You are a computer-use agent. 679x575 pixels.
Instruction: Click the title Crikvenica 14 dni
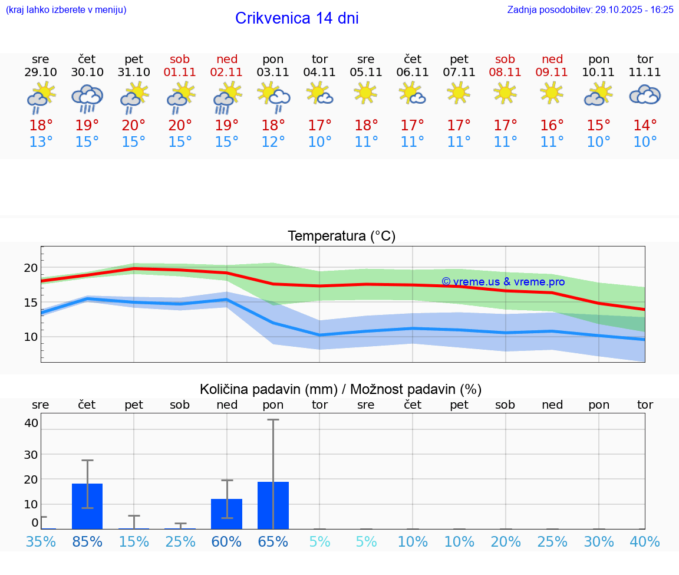pos(296,18)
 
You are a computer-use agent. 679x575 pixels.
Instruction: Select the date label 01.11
pos(180,72)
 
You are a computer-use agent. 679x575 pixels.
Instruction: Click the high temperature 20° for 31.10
pos(134,126)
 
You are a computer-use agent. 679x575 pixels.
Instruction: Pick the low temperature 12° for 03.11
pos(273,142)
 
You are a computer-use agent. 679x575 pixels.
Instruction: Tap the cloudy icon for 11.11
pos(645,95)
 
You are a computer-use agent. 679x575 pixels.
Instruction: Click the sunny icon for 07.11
pos(459,93)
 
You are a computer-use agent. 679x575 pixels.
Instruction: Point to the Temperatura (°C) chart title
pos(341,236)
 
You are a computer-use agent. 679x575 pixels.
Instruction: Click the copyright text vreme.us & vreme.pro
pos(503,282)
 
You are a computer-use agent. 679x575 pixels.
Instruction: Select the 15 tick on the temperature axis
pos(31,303)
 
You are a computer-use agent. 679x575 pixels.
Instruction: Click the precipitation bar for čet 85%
pos(87,506)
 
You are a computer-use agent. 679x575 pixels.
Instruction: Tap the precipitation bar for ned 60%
pos(227,514)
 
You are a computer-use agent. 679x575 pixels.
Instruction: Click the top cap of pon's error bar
pos(273,420)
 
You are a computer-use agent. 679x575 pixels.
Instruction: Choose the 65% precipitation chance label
pos(273,541)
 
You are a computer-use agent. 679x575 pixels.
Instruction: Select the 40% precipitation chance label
pos(645,541)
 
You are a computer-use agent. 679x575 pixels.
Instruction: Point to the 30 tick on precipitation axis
pos(31,455)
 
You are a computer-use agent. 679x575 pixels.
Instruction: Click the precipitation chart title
pos(341,389)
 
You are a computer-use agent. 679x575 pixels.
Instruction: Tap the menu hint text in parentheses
pos(66,9)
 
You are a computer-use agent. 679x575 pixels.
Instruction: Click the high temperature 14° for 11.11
pos(645,126)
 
